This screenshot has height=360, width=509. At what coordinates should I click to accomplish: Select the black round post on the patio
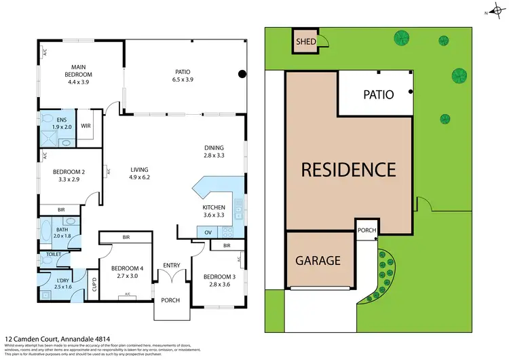point(241,75)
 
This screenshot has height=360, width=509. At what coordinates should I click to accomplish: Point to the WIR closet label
point(86,126)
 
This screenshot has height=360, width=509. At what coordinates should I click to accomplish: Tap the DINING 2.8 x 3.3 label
point(214,151)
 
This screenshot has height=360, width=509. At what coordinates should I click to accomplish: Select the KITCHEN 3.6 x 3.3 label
point(214,211)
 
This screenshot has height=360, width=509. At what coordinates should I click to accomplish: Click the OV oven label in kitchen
point(208,232)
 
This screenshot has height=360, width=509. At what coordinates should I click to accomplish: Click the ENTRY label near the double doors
point(171,266)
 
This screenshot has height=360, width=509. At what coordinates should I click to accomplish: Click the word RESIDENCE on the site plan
point(349,169)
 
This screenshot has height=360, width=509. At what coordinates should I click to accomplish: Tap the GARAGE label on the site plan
point(318,260)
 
